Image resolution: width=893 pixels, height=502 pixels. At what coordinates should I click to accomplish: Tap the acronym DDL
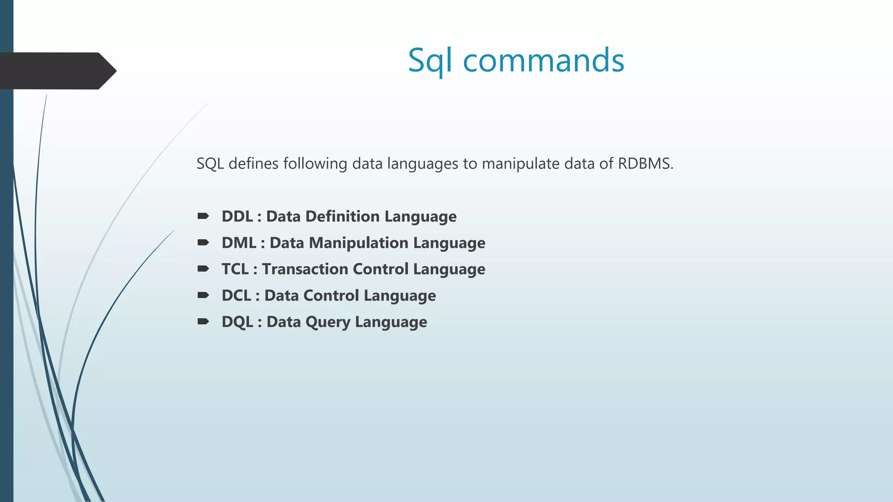(237, 217)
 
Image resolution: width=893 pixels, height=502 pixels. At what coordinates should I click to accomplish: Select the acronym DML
(239, 243)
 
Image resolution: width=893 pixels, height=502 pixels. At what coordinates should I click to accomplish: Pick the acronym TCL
(235, 269)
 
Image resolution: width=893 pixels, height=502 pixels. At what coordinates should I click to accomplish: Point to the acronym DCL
(236, 295)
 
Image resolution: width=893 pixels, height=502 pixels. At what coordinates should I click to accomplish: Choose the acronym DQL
(237, 322)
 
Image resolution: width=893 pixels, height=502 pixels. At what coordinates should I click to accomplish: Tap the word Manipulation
(358, 243)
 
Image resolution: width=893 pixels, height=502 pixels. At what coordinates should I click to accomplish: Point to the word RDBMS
(645, 164)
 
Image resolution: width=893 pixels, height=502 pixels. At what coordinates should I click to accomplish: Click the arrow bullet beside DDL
(203, 216)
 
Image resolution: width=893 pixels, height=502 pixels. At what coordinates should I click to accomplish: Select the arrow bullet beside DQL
(203, 322)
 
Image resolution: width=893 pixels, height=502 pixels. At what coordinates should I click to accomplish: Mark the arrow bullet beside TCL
(203, 268)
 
